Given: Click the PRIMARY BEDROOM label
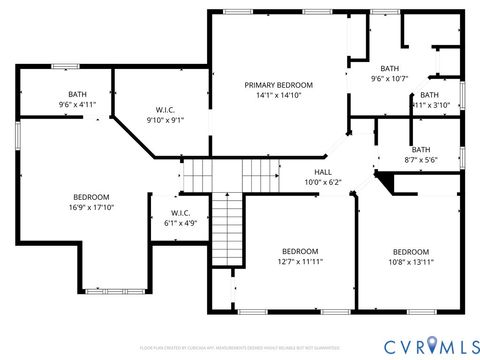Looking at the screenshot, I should pos(279,85).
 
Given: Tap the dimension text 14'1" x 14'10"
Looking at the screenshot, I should pos(279,97).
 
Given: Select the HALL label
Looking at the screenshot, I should pos(323,171).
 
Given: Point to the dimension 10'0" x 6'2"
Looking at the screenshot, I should pos(323,182).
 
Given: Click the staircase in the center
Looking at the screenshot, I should pos(230,215).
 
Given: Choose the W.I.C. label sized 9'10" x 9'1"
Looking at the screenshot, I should pos(165,109).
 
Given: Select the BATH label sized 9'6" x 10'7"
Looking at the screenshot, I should pos(391,67).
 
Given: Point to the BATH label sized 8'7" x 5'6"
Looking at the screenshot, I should pos(420,149).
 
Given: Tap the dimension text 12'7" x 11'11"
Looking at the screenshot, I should pos(299,262).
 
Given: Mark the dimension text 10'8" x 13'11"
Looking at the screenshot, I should pos(410,263).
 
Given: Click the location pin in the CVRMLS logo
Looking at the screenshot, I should pos(432,345).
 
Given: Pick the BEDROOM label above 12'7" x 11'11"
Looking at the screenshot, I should pos(299,250).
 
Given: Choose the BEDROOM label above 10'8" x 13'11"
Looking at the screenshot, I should pos(410,251).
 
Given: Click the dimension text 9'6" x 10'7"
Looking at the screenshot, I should pos(391,79).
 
